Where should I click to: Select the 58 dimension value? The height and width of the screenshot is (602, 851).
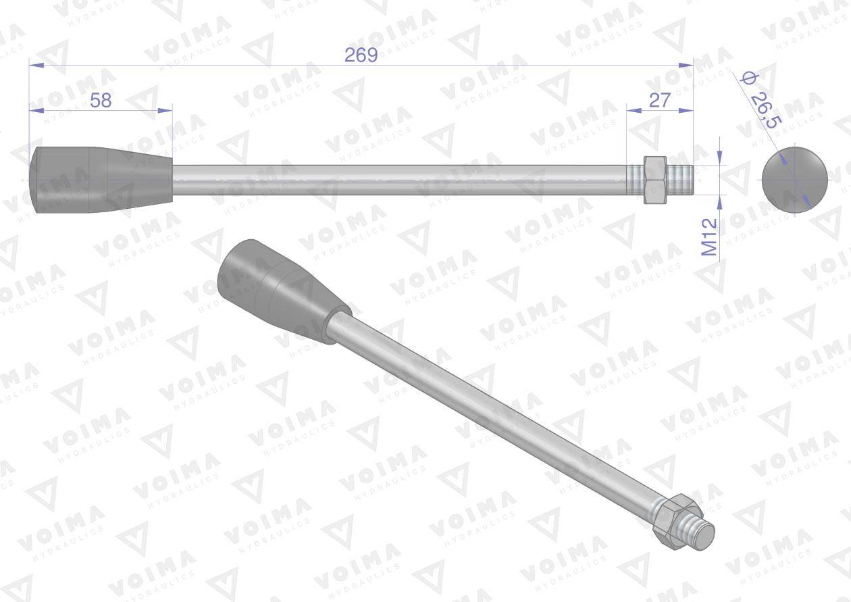(x=101, y=100)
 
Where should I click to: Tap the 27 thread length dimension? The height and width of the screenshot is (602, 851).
(x=659, y=100)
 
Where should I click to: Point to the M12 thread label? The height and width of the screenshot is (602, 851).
(x=709, y=237)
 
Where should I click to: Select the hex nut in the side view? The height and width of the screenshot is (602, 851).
(x=654, y=180)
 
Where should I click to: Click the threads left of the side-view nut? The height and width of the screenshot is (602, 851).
(x=634, y=180)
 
